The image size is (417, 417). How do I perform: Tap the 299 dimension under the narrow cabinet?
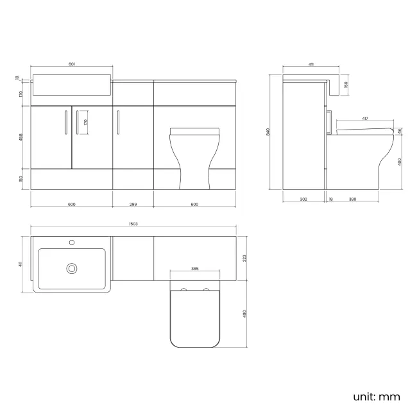(x=133, y=205)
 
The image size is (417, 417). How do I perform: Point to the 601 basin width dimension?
(x=72, y=64)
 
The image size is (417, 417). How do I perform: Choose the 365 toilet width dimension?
(x=194, y=269)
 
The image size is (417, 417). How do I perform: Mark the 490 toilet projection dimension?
(x=244, y=315)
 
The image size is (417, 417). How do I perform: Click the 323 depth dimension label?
(x=244, y=258)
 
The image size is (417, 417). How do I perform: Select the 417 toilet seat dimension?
(x=364, y=118)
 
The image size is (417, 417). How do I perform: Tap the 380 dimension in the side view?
(x=352, y=199)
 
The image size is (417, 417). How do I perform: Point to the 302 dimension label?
(x=303, y=199)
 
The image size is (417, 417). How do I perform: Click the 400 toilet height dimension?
(x=400, y=162)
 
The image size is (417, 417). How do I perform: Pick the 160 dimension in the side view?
(x=346, y=84)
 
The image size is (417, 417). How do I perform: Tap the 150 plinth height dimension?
(x=21, y=178)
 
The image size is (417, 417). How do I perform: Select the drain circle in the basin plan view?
(x=72, y=268)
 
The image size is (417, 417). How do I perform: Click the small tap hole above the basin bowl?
(x=72, y=243)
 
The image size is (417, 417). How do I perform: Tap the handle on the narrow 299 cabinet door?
(x=119, y=122)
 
